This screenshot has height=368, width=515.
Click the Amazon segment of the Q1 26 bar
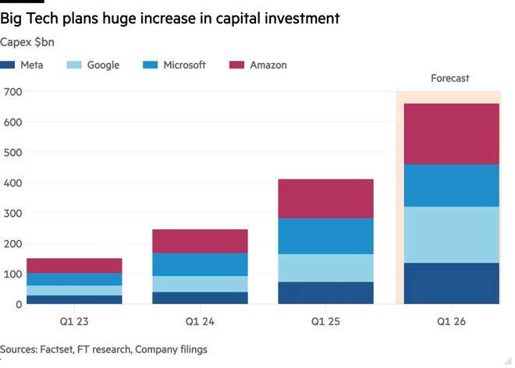pos(451,133)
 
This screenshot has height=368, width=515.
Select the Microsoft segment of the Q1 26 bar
pos(451,185)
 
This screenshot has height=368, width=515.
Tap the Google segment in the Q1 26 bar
pos(451,235)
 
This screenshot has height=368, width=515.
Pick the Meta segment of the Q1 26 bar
pos(451,283)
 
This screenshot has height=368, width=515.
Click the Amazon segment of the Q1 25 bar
pos(325,198)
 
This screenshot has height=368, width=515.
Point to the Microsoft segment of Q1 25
pos(325,235)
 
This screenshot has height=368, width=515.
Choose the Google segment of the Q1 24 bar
pos(200,284)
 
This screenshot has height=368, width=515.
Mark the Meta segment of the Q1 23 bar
pos(74,299)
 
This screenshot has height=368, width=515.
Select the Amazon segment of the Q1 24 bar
pos(200,241)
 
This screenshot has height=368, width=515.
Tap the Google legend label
pos(103,65)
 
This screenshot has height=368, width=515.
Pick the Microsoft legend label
pos(184,65)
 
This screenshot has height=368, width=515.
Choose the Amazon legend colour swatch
pos(237,65)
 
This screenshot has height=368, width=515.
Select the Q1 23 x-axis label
pos(74,320)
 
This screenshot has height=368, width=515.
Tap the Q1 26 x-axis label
pos(451,320)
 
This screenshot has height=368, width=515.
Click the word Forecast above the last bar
pos(450,79)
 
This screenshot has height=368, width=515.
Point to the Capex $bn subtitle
pos(27,41)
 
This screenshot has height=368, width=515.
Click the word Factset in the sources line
pos(59,350)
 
